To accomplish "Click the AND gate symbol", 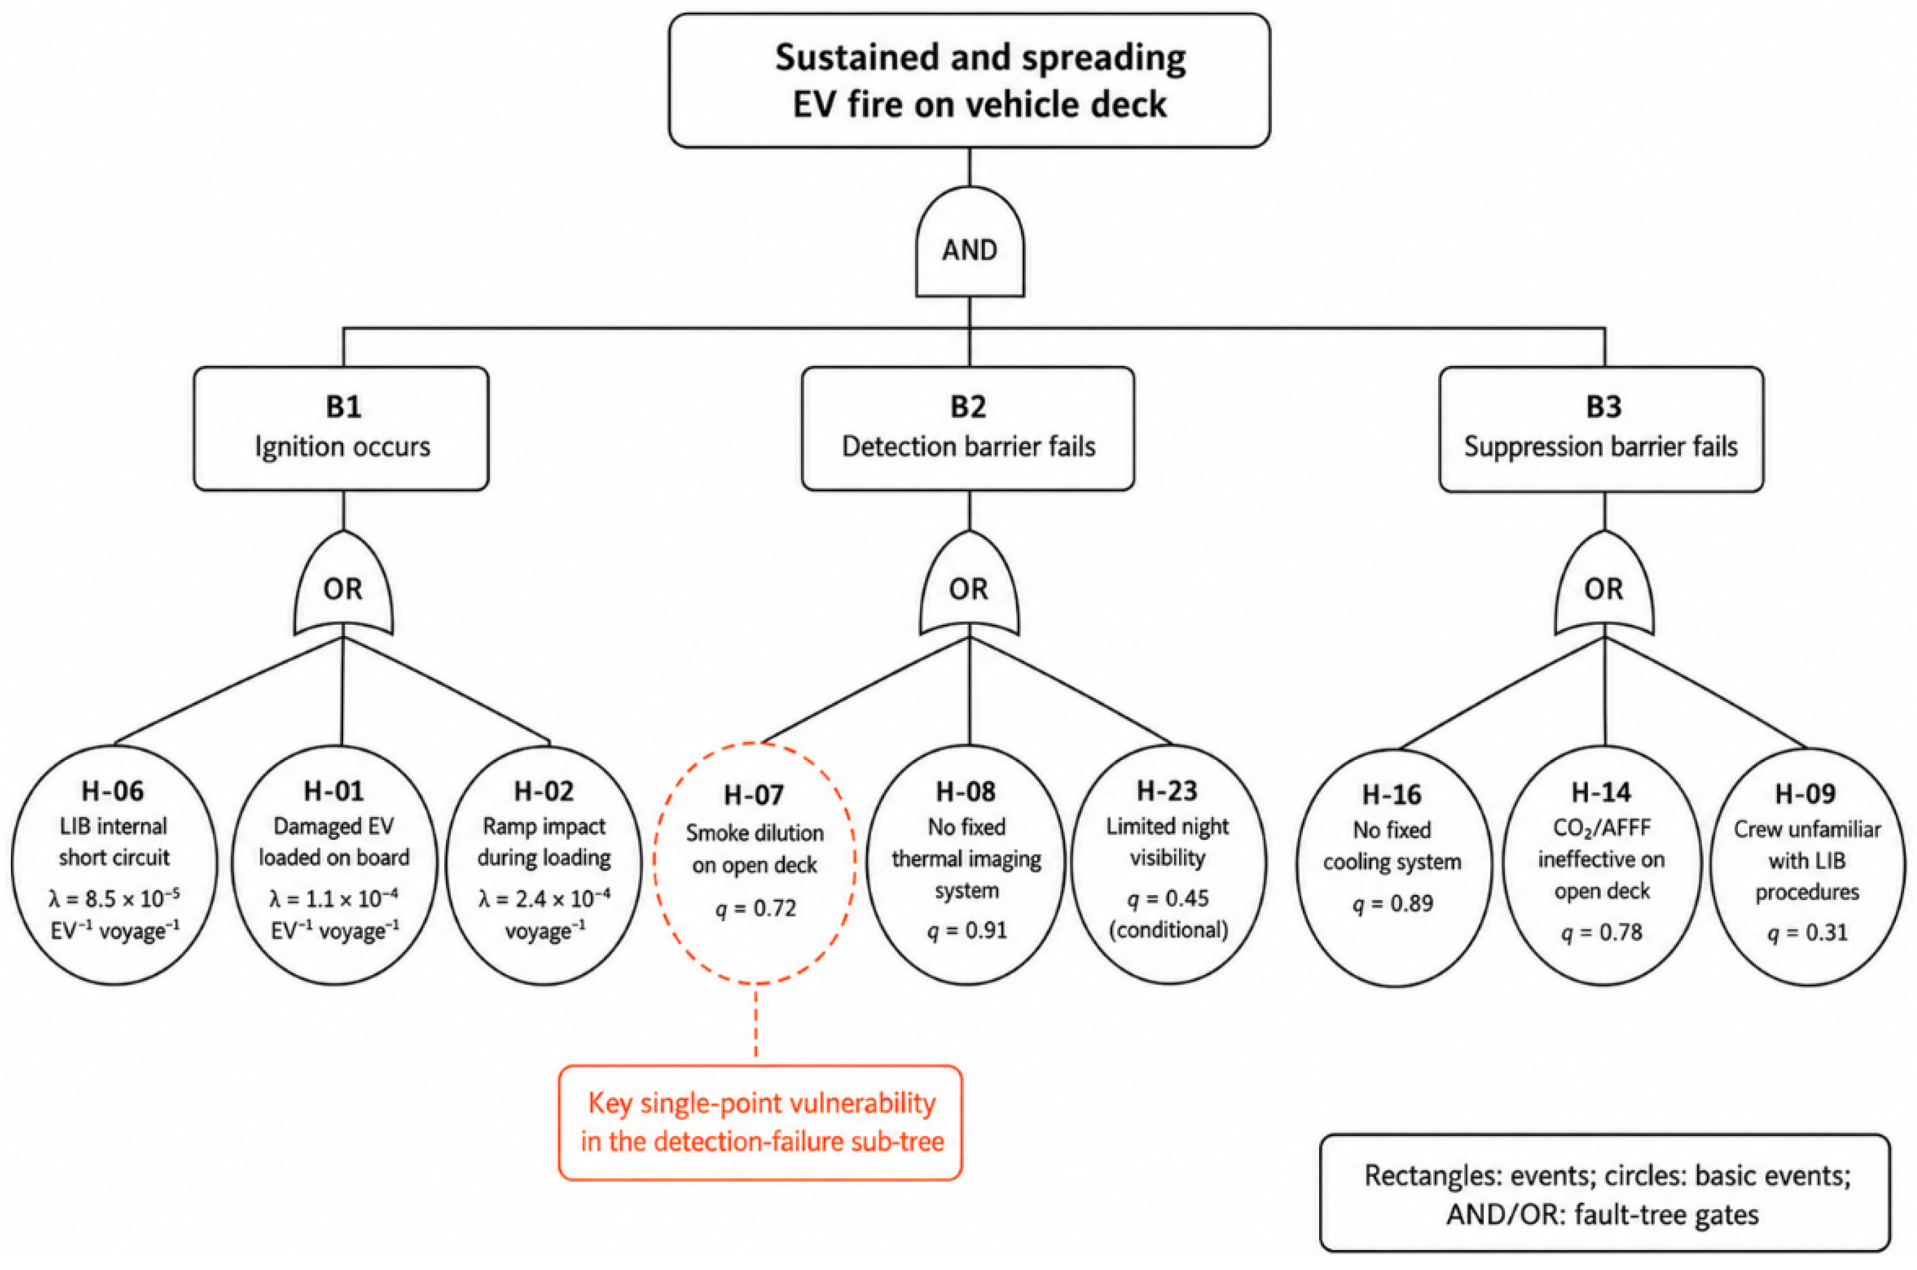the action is [x=970, y=243].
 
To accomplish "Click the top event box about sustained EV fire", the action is [x=969, y=80].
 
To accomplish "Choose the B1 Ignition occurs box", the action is [x=341, y=428].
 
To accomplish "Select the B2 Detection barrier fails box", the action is [x=968, y=428].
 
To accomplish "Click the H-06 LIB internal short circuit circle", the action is [x=114, y=864].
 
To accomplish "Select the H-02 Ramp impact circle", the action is [x=544, y=864].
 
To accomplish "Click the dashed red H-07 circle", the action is [x=754, y=863].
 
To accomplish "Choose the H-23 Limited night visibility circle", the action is [x=1168, y=864].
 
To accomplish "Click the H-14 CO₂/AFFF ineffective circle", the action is [x=1603, y=866].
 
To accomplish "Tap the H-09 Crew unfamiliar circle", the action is [x=1808, y=867].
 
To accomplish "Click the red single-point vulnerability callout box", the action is [x=761, y=1123].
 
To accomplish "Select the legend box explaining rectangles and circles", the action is [x=1605, y=1193].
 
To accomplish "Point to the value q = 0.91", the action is [x=968, y=931].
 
